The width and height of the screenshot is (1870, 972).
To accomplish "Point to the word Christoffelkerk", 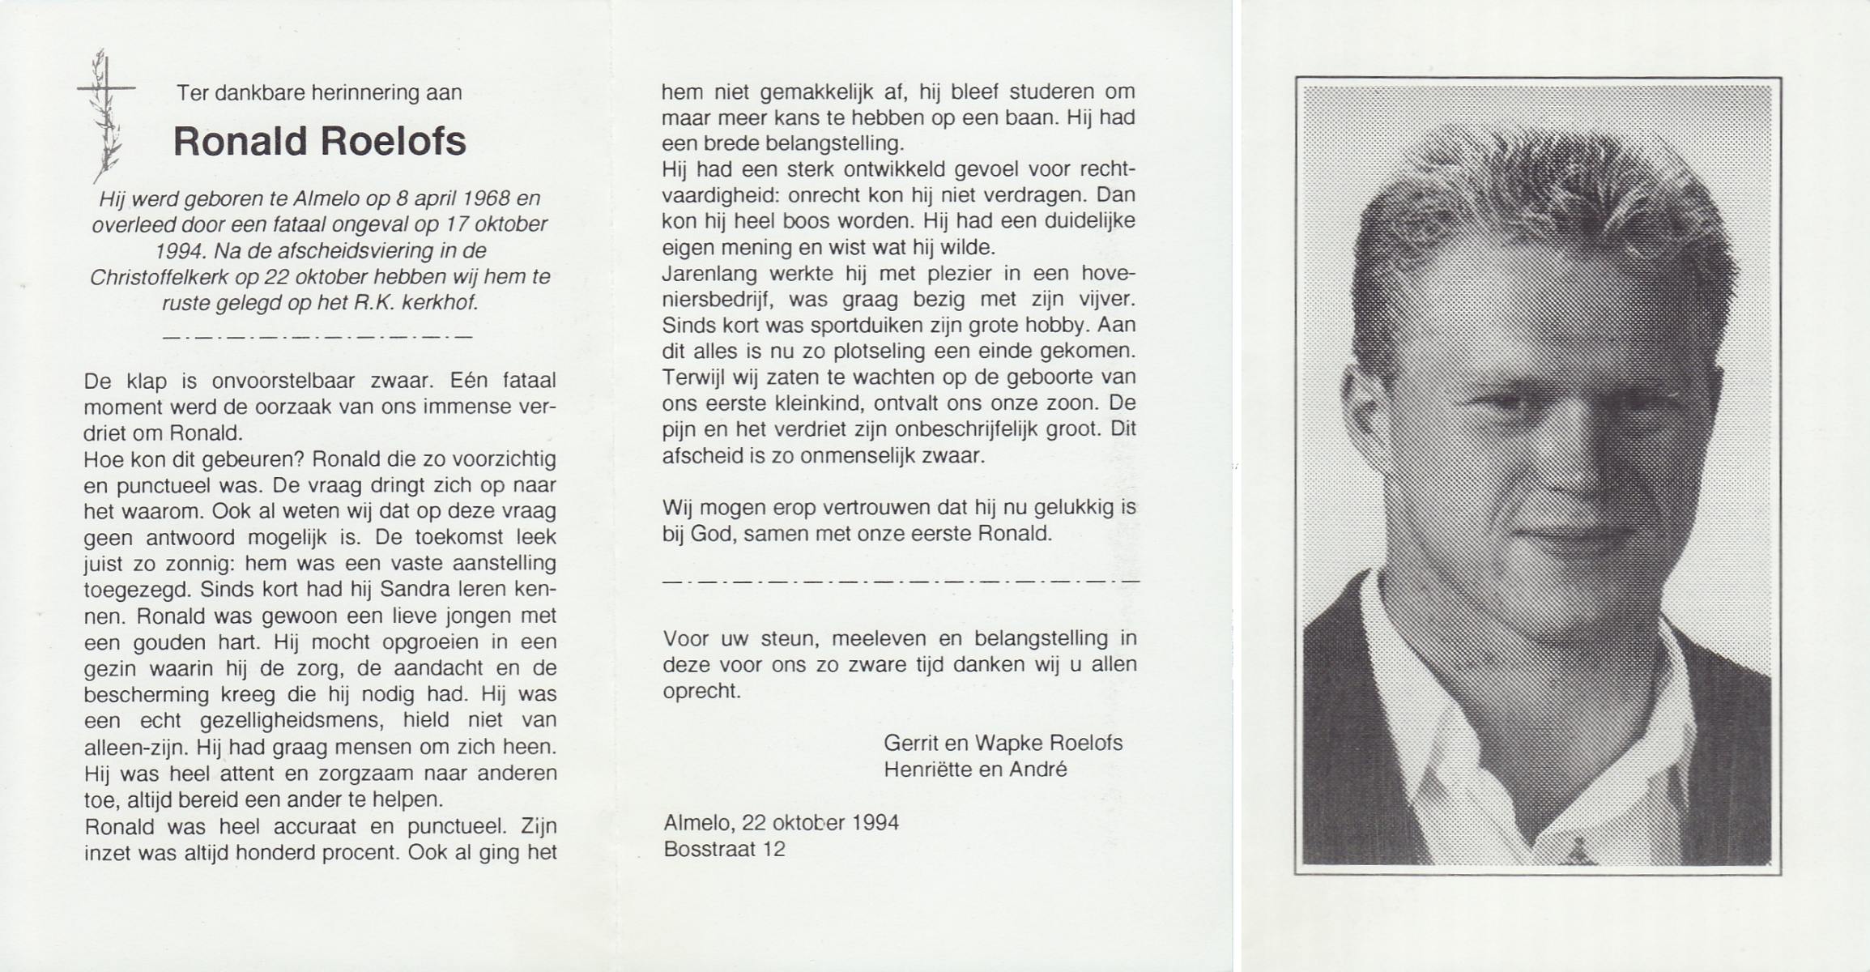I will [159, 277].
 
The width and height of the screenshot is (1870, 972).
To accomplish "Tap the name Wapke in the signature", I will [1009, 743].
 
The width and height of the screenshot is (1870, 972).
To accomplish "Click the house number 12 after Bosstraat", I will [774, 849].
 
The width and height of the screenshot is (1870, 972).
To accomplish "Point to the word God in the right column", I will [712, 534].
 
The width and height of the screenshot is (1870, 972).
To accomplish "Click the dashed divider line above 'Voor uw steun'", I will [901, 581].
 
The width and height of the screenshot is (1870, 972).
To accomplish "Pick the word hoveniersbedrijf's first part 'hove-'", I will [1109, 273].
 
